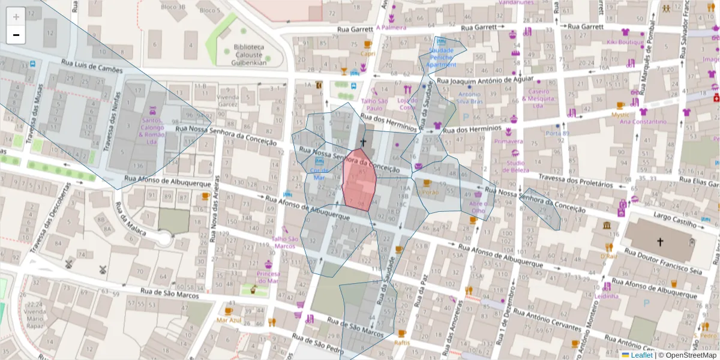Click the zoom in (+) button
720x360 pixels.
(16, 17)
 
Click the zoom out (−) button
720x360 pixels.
(16, 35)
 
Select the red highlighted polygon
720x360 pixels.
(359, 180)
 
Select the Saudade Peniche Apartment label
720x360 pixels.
(442, 57)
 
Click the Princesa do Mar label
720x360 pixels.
(268, 277)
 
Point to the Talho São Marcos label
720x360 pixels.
(284, 242)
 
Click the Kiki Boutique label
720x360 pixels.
(625, 42)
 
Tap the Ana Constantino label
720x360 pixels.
(643, 122)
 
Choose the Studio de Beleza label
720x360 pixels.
(516, 166)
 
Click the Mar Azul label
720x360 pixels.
(229, 320)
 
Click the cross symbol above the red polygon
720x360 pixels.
(362, 142)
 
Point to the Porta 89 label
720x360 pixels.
(557, 133)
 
